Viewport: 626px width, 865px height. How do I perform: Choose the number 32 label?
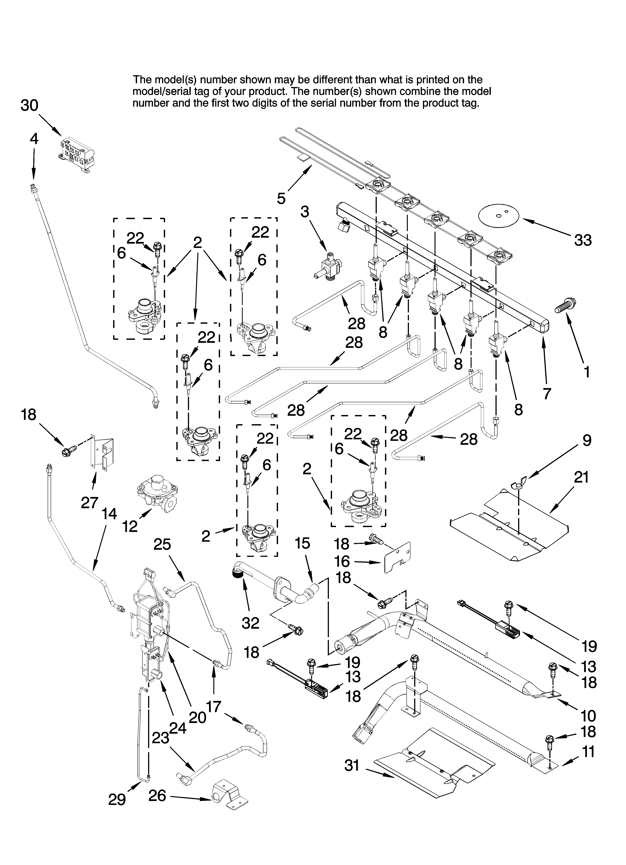(x=251, y=623)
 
